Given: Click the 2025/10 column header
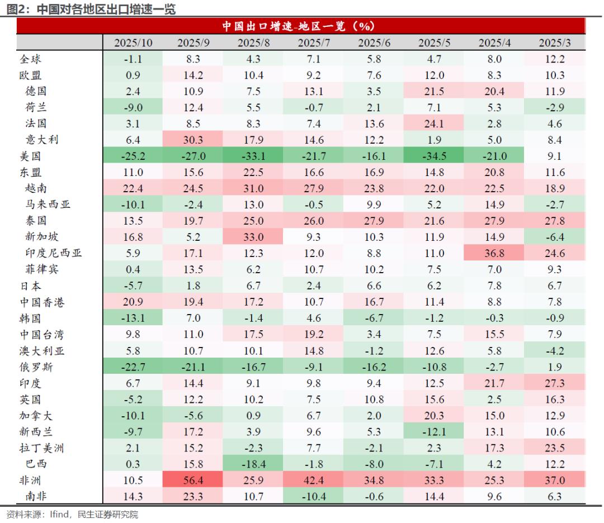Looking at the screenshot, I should [x=133, y=43].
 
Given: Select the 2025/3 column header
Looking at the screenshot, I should [x=555, y=43].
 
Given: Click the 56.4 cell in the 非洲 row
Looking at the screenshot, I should [x=193, y=480].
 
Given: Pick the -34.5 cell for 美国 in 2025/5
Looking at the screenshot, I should [x=435, y=156].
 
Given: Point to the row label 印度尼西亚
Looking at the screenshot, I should [x=54, y=253].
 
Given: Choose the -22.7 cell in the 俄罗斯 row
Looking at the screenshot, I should [x=133, y=367].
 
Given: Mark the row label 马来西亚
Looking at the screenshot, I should [x=48, y=205].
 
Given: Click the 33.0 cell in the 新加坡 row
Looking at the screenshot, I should [x=253, y=237].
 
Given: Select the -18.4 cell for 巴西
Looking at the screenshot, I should [x=253, y=464].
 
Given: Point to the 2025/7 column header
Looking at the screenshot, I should [x=314, y=43].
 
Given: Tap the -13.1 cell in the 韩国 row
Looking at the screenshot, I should [x=133, y=318].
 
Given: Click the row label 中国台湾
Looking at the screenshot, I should [x=42, y=334].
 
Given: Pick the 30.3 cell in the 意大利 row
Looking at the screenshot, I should [x=193, y=140].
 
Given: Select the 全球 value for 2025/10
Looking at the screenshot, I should [x=133, y=59].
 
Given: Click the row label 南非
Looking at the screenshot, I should [x=36, y=496].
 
